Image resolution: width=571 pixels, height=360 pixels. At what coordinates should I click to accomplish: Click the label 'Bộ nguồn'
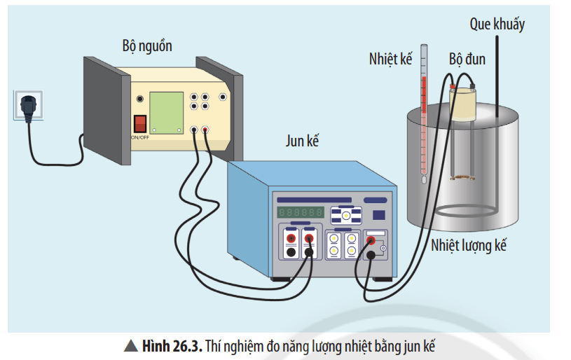click(x=146, y=47)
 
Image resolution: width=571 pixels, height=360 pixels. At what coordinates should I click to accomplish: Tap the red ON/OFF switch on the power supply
click(x=140, y=124)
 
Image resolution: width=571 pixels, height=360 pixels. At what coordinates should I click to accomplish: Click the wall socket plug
click(x=27, y=107)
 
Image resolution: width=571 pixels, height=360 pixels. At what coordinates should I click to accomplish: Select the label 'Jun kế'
click(x=302, y=141)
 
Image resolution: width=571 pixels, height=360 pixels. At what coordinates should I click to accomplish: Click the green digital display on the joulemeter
click(x=299, y=211)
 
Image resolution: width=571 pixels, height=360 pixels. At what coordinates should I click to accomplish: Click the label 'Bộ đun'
click(x=466, y=59)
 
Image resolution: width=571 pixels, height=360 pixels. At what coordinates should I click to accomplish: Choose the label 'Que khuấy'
click(x=497, y=25)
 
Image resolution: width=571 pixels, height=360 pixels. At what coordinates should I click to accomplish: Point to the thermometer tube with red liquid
click(x=424, y=126)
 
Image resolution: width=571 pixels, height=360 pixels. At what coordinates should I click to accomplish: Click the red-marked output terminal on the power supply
click(x=205, y=130)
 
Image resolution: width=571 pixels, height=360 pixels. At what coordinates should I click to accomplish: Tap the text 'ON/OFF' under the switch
click(x=139, y=137)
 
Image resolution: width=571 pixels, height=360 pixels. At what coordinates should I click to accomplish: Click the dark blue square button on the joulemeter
click(x=378, y=215)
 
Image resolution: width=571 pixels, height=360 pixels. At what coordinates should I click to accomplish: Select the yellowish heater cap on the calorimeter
click(x=465, y=104)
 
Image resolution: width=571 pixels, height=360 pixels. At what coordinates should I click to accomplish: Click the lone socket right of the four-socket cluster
click(x=223, y=97)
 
